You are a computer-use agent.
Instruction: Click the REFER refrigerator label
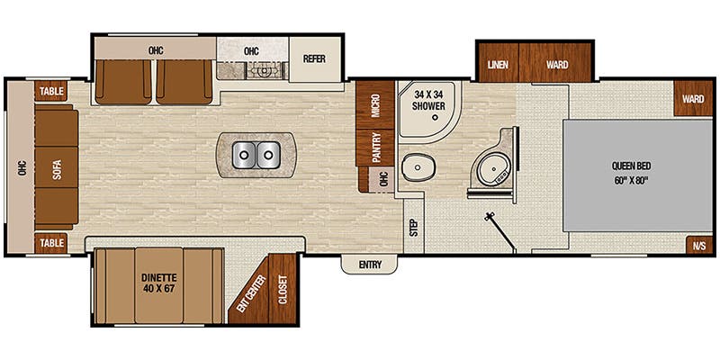tap(314, 59)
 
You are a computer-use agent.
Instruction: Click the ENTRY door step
tap(369, 264)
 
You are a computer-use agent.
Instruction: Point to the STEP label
tap(413, 226)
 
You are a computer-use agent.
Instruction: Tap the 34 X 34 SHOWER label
tap(429, 99)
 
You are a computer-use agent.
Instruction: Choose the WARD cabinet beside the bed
tap(692, 98)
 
